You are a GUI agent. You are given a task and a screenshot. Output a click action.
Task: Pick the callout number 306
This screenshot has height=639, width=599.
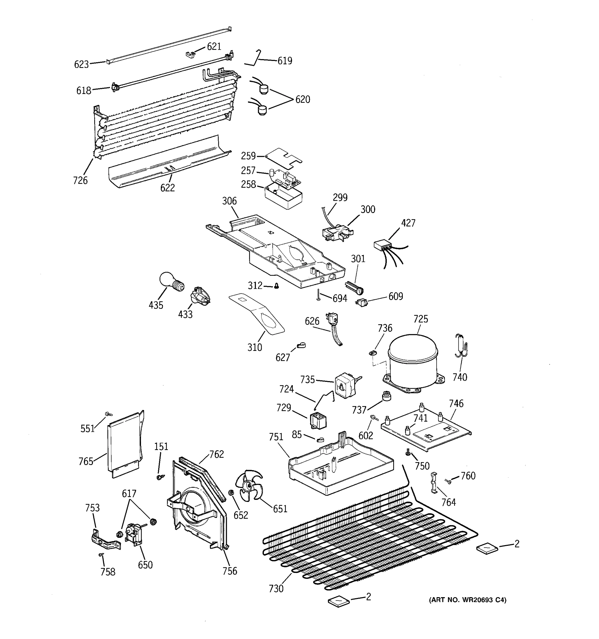229,201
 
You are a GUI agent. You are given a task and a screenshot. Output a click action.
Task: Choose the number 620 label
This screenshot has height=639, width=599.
303,99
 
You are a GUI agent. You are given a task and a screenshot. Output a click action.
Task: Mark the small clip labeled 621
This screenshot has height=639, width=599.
191,54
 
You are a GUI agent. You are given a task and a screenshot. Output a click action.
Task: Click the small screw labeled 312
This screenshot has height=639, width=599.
276,286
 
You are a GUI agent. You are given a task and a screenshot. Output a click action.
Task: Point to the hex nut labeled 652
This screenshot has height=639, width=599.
230,493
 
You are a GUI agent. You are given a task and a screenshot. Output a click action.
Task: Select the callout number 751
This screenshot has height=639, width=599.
276,437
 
